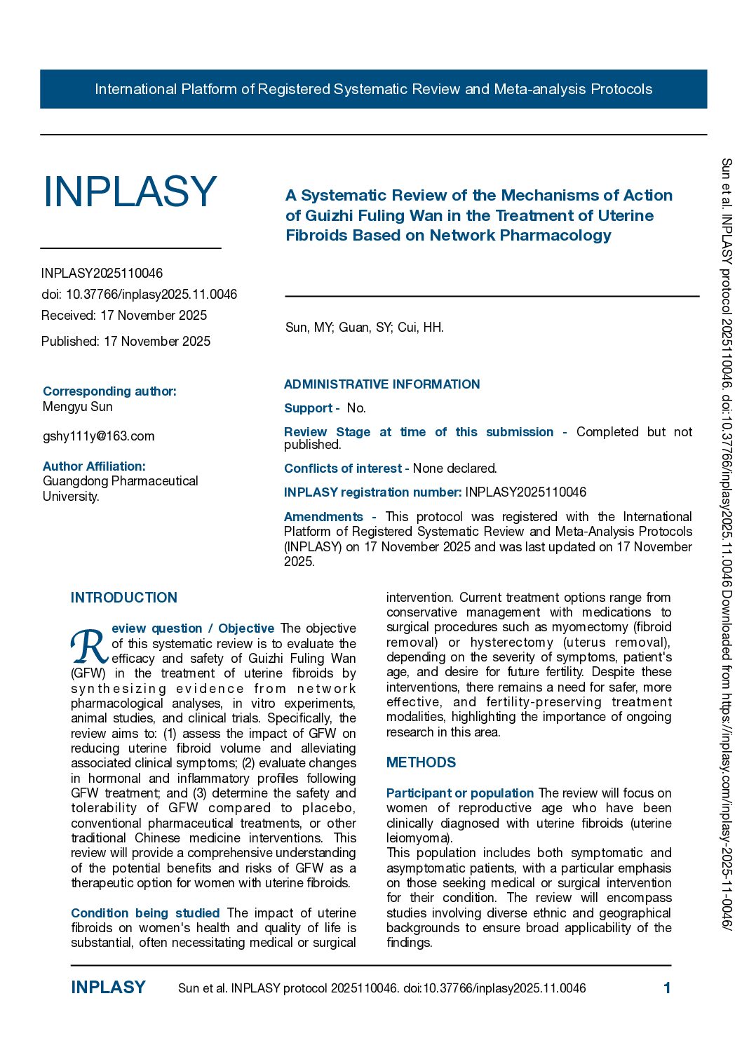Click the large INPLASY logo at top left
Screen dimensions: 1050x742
coord(130,191)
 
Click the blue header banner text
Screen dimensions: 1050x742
coord(373,89)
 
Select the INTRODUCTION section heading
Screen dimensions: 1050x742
coord(124,598)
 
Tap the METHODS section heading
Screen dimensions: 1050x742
coord(421,762)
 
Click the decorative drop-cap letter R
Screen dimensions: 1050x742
coord(89,646)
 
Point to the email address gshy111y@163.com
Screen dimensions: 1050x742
coord(98,436)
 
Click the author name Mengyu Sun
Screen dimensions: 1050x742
coord(77,407)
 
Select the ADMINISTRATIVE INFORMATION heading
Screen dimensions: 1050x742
coord(382,384)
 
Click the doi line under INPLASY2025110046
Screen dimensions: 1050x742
coord(139,295)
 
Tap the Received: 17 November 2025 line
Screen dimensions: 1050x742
coord(124,316)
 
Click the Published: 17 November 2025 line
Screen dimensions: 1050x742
coord(126,342)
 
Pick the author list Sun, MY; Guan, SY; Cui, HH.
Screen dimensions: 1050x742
coord(364,328)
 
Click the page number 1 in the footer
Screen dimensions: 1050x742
coord(667,988)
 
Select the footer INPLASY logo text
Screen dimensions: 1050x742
coord(108,988)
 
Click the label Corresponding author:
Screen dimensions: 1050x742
coord(109,391)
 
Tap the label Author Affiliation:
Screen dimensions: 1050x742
coord(94,466)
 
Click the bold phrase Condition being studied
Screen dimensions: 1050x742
coord(145,913)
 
